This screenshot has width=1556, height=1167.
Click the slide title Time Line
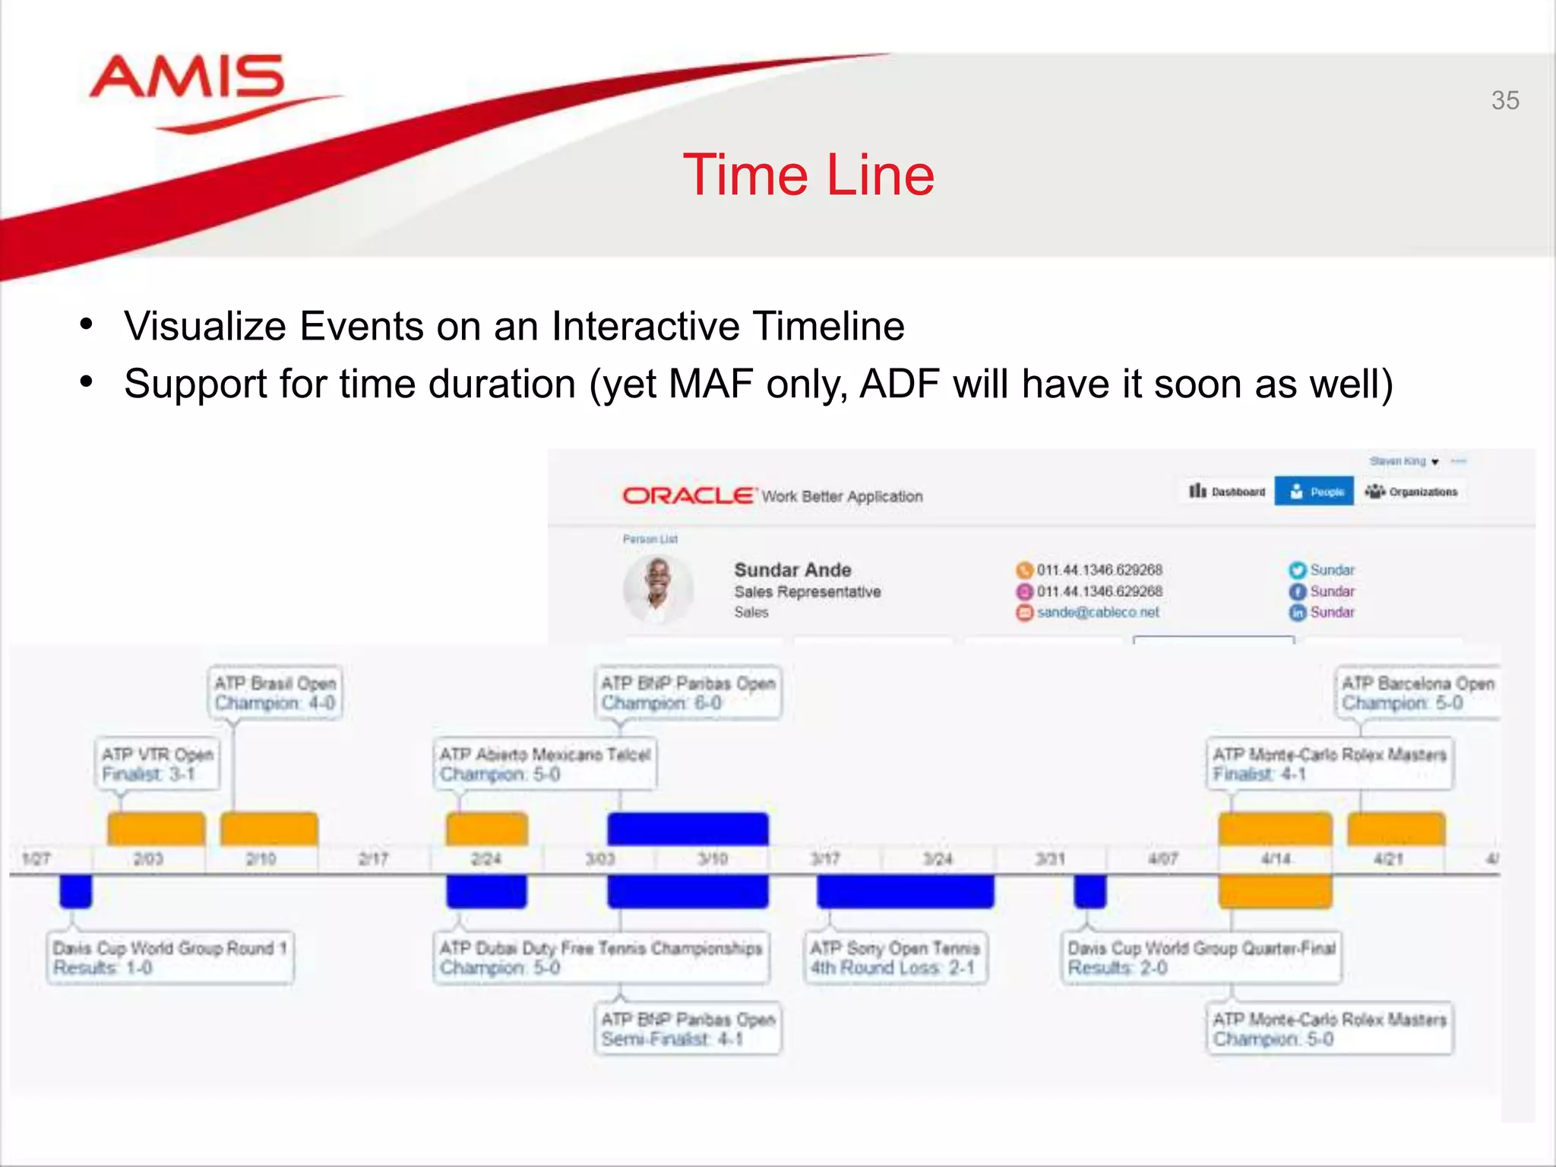click(x=808, y=175)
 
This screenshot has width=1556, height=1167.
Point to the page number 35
click(x=1504, y=100)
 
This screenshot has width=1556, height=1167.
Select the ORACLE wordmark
click(x=688, y=496)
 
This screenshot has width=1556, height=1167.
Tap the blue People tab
click(x=1314, y=492)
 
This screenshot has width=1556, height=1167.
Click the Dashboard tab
click(x=1227, y=492)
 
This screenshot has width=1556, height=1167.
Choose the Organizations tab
click(x=1412, y=492)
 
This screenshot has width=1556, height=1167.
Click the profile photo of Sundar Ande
click(x=658, y=588)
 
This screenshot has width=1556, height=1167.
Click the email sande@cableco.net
click(x=1098, y=612)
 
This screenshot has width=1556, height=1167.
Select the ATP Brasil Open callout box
click(x=274, y=692)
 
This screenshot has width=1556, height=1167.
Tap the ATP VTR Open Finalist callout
click(x=157, y=764)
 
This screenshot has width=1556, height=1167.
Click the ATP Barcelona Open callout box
click(x=1417, y=692)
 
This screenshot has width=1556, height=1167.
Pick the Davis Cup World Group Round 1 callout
click(x=169, y=957)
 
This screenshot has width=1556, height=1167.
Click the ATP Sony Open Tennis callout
click(x=895, y=957)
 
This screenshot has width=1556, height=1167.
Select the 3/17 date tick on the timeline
click(x=825, y=859)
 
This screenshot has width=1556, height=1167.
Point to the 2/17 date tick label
click(x=373, y=859)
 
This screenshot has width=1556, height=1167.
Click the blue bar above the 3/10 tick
click(x=688, y=829)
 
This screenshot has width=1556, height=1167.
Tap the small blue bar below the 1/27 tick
click(x=76, y=891)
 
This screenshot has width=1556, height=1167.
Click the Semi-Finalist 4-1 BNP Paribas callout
click(x=688, y=1029)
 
